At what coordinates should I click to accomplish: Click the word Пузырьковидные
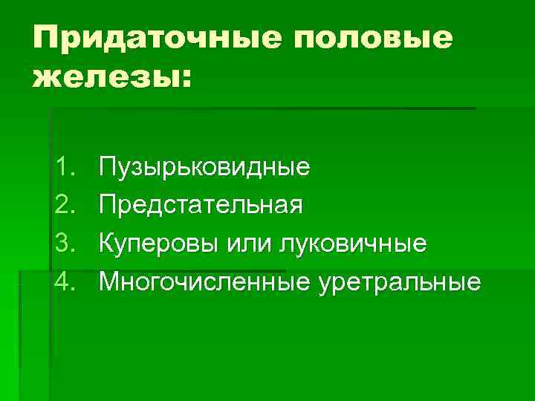coord(205,167)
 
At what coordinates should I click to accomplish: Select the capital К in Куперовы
coord(107,244)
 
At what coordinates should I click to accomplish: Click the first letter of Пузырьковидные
coord(108,166)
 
